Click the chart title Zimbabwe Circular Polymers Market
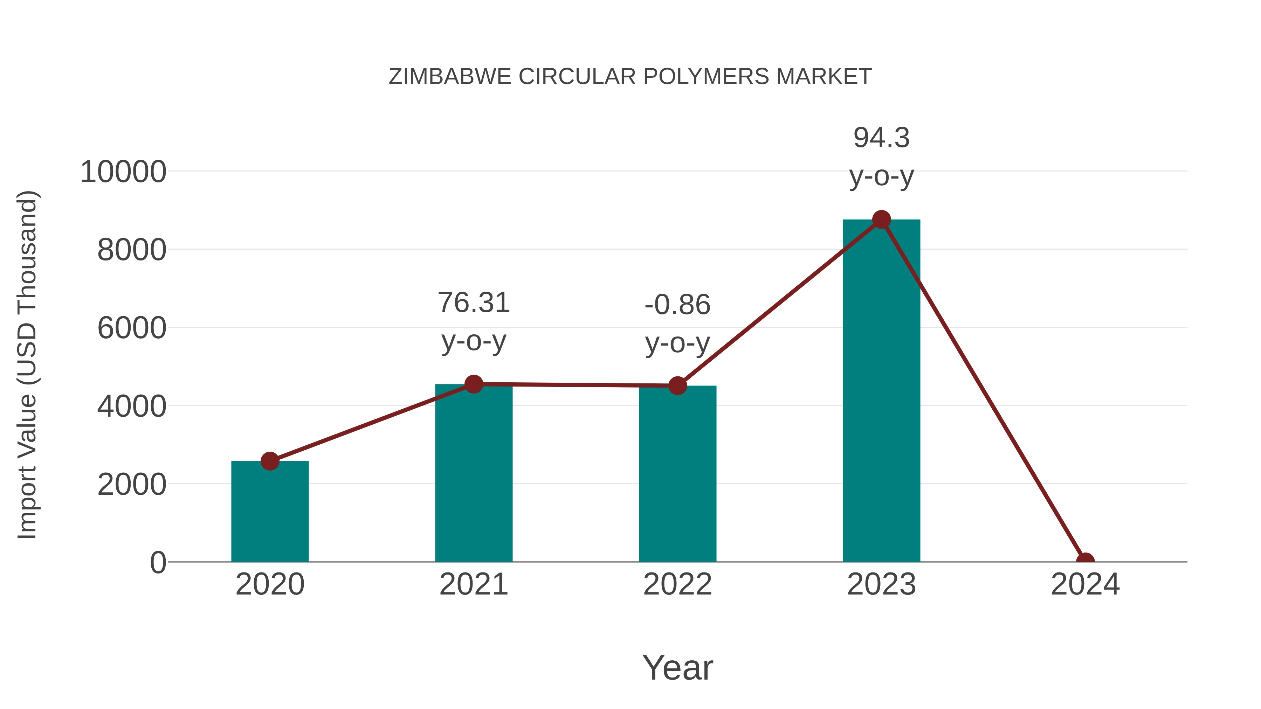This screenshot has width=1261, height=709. [x=630, y=77]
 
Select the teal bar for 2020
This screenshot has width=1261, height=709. [x=270, y=514]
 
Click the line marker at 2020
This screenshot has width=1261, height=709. [x=270, y=461]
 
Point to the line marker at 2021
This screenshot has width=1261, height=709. [x=473, y=384]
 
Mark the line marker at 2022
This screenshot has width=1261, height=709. [x=677, y=385]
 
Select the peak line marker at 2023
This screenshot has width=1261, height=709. [x=881, y=220]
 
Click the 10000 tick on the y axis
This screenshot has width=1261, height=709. [x=123, y=172]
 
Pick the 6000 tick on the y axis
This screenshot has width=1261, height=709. [x=132, y=328]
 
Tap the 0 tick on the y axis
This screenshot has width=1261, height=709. [x=158, y=563]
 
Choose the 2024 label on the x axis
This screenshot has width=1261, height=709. [x=1085, y=584]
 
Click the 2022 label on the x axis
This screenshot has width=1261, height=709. [x=677, y=584]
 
